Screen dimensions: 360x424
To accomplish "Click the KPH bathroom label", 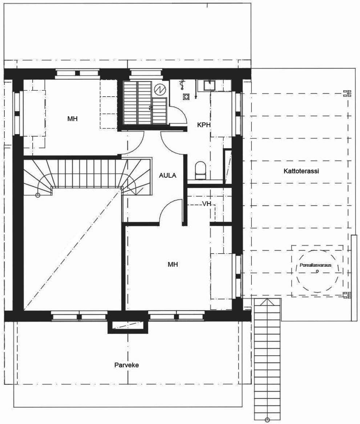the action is click(204, 125).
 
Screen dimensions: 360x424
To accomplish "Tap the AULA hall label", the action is click(167, 175).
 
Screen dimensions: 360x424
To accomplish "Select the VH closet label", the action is click(207, 203).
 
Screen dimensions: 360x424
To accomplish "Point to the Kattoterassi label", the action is click(301, 171).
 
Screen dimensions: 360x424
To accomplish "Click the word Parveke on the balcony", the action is click(126, 365).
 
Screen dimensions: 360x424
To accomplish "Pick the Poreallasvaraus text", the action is click(315, 265).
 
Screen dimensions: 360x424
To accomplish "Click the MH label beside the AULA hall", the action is click(72, 119).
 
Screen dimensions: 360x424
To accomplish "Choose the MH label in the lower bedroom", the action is click(173, 264).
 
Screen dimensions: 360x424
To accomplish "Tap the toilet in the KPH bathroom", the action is click(200, 171).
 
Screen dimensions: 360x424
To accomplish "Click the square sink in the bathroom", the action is click(209, 85).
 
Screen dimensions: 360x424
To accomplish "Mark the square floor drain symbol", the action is click(186, 97).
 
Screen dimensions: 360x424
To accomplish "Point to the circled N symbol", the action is click(159, 89).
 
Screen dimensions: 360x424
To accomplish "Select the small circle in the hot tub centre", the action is click(317, 271).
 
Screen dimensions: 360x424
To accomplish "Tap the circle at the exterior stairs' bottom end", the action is click(267, 420).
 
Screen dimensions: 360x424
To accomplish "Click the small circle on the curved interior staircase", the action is click(38, 195).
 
